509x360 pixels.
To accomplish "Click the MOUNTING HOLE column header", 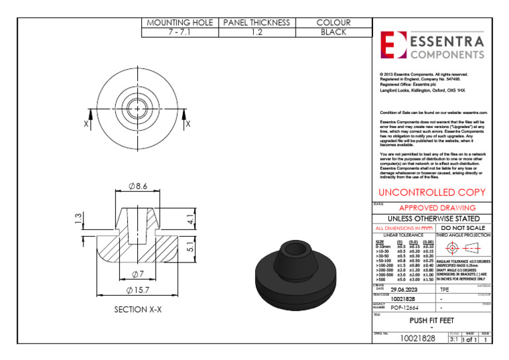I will (180, 23).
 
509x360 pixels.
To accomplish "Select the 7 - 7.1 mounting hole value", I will (180, 32).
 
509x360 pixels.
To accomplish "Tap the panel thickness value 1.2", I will (256, 32).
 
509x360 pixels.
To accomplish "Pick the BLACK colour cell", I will (334, 32).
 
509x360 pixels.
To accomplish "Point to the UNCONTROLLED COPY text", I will (432, 193).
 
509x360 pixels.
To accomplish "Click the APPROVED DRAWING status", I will (437, 208).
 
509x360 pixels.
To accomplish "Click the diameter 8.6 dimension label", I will (137, 186).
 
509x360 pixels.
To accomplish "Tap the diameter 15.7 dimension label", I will (138, 290).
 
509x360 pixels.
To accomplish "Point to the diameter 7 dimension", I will (138, 274).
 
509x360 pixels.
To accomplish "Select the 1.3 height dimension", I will (78, 219).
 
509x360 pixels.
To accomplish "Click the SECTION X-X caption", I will (138, 310).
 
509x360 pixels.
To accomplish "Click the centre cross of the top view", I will (137, 106).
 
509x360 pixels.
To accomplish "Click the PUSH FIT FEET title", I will (431, 320).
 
